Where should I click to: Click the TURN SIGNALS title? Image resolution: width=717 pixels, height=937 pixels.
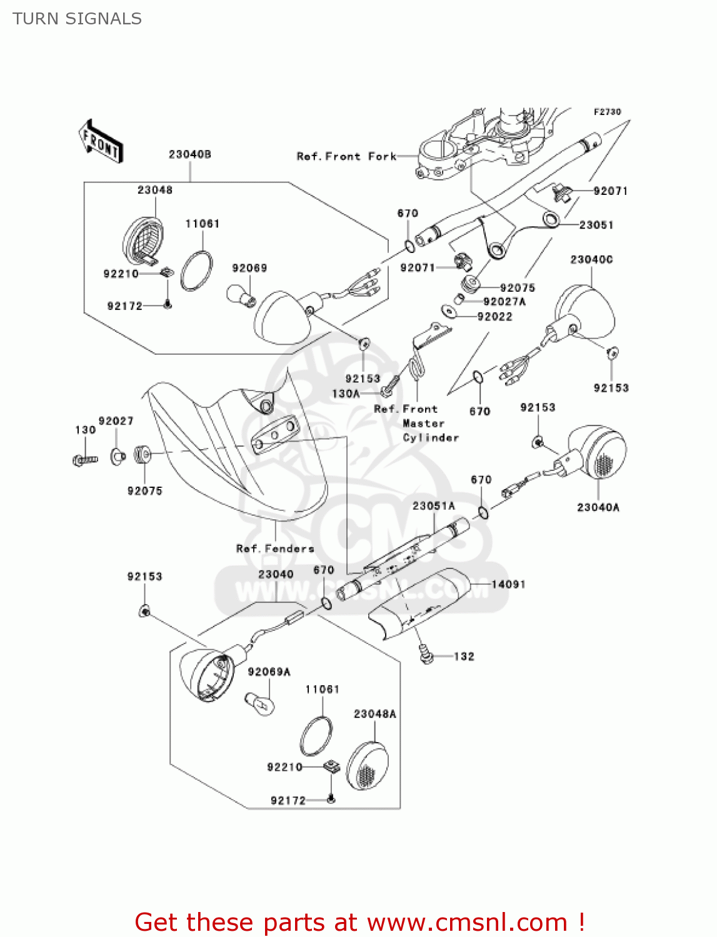77,19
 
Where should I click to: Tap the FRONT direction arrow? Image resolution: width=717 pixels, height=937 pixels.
100,142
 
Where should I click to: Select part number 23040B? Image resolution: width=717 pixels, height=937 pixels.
189,154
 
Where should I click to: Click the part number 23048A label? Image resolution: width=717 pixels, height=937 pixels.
374,714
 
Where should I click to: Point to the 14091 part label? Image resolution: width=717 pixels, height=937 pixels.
508,585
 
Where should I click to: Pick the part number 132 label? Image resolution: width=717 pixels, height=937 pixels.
464,657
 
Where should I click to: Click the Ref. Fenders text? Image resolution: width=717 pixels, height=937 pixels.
275,548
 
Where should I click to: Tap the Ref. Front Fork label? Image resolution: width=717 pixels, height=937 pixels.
346,157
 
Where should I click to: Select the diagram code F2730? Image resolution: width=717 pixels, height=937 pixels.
607,112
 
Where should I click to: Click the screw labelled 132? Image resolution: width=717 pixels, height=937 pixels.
427,655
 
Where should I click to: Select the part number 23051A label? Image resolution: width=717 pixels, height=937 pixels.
433,506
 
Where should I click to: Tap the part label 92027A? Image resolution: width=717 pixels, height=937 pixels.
504,302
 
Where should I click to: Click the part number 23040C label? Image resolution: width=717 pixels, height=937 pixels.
591,259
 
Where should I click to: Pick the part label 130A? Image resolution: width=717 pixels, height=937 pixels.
346,394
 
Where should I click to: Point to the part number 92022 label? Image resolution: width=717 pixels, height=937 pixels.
494,317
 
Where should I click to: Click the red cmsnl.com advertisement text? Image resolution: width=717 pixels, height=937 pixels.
359,922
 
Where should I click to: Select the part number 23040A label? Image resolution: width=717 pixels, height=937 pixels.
598,507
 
